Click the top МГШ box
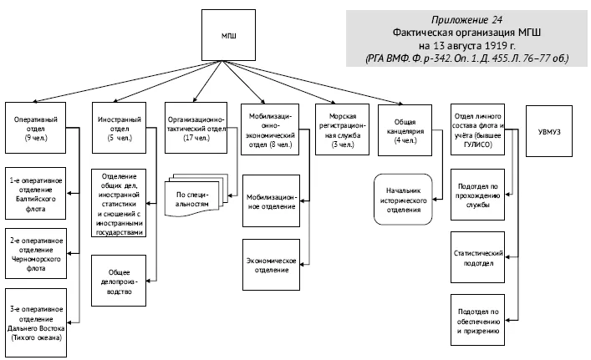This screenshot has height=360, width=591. (x=228, y=35)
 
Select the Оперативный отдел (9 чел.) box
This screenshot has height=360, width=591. (x=35, y=128)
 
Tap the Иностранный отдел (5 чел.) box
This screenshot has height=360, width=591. (x=119, y=128)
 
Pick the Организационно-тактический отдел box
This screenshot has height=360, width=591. (x=196, y=128)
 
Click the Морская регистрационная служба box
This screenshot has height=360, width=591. (x=342, y=129)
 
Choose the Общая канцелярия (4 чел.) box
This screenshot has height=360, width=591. (x=405, y=130)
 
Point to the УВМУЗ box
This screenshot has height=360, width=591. (x=549, y=131)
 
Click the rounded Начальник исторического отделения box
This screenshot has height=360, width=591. (x=403, y=199)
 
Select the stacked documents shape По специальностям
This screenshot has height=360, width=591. (x=196, y=195)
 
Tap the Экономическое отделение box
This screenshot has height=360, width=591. (x=272, y=265)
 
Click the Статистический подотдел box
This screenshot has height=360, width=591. (x=477, y=257)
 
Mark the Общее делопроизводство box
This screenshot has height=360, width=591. (x=119, y=281)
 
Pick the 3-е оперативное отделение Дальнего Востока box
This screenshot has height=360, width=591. (x=36, y=322)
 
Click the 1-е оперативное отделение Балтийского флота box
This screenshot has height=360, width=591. (x=35, y=194)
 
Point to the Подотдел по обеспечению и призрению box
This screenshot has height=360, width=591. (x=477, y=320)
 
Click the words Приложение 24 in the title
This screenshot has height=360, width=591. (x=466, y=19)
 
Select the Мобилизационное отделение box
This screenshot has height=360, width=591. (x=272, y=201)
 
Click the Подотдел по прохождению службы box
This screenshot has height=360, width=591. (x=477, y=195)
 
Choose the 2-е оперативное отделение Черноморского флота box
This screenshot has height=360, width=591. (x=36, y=253)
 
